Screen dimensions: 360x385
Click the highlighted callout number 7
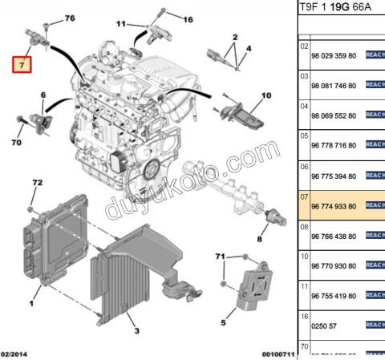[22, 63]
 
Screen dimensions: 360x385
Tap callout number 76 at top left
[69, 18]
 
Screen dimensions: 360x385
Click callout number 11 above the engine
[120, 24]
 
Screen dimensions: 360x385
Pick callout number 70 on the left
[15, 144]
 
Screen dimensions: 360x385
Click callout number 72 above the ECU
[35, 184]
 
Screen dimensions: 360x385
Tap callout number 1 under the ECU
[32, 303]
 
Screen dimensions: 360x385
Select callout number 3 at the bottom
[136, 330]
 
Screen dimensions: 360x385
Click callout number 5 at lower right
[222, 323]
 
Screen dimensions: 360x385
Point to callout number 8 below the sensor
[259, 238]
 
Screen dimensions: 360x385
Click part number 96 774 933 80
[334, 206]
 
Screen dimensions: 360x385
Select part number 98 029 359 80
[334, 55]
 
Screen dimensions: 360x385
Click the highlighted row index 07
[304, 196]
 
